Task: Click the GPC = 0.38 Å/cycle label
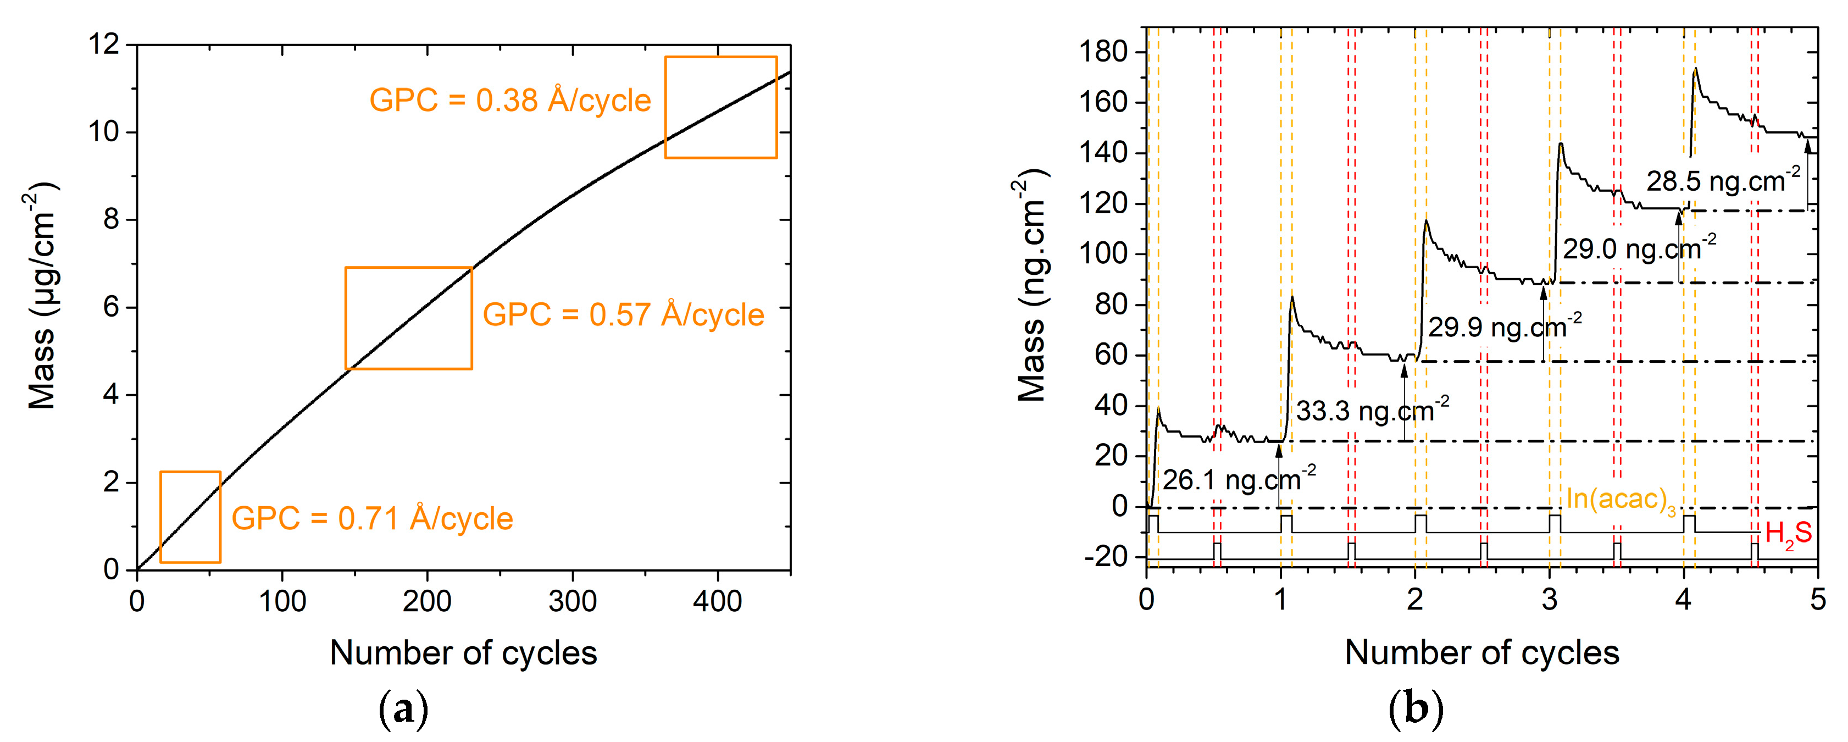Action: point(509,101)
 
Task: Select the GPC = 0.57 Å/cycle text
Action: point(623,315)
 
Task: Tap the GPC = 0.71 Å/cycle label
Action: point(371,519)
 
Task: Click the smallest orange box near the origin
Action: point(190,517)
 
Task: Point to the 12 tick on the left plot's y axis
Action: point(103,45)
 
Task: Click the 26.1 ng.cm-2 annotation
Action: point(1239,479)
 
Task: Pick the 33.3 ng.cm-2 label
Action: point(1372,411)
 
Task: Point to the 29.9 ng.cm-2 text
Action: point(1505,327)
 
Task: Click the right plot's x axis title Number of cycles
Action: point(1481,653)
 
